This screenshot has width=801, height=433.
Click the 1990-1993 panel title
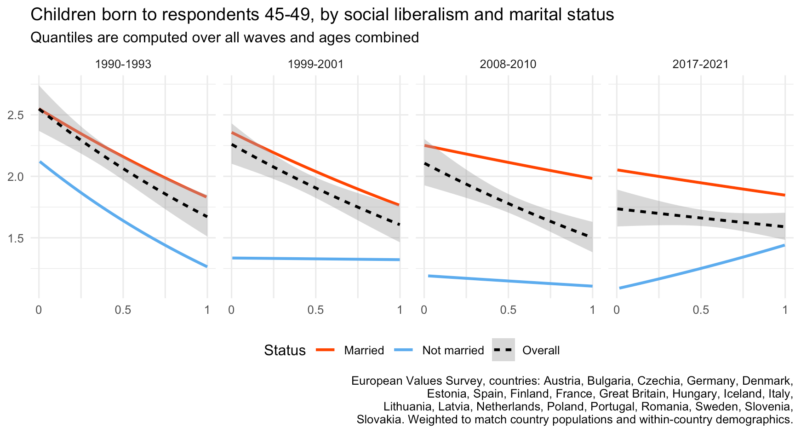tap(123, 64)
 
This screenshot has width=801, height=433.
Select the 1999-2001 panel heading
tap(315, 64)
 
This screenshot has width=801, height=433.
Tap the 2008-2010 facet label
tap(508, 64)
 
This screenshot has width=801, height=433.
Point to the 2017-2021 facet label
tap(701, 64)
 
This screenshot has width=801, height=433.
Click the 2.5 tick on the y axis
tap(16, 115)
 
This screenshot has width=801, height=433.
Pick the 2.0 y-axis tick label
tap(16, 177)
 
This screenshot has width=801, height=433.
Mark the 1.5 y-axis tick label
tap(16, 238)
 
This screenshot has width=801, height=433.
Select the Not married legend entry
tap(440, 351)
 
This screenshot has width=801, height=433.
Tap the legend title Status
tap(285, 351)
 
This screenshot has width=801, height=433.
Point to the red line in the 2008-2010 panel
tap(508, 162)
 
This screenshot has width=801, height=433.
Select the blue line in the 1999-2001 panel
tap(315, 259)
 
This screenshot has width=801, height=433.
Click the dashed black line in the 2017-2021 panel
tap(701, 218)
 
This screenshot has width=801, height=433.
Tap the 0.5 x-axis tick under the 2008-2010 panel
tap(508, 310)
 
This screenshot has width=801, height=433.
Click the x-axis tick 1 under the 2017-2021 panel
tap(785, 310)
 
